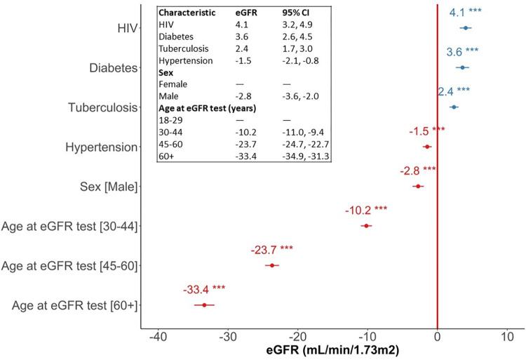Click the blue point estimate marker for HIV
466,28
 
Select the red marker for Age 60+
204,305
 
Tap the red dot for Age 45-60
271,265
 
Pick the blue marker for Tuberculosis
454,107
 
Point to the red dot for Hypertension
427,147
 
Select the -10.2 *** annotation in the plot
366,210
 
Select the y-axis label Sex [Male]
109,187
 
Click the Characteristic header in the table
185,12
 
